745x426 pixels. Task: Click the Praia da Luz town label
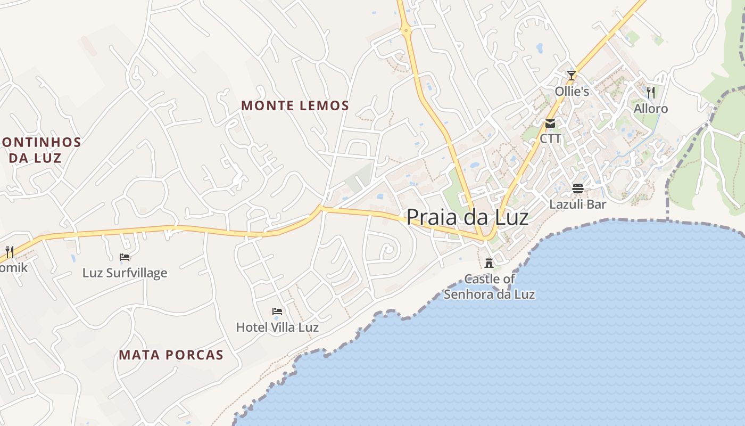pos(467,217)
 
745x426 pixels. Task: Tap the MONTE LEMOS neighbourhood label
pos(295,105)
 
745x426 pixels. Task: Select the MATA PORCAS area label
pos(171,355)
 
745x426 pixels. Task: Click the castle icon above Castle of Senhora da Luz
pos(489,263)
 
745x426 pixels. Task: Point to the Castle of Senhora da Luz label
pos(490,286)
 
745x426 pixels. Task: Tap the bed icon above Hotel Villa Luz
pos(277,312)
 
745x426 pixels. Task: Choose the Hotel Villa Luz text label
pos(277,327)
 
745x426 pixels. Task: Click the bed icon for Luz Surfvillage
pos(125,257)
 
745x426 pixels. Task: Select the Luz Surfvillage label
pos(125,273)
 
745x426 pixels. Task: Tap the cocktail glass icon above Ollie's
pos(572,76)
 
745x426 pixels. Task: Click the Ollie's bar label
pos(572,92)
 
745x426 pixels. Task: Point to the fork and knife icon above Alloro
pos(650,92)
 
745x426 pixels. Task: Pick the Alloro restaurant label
pos(650,109)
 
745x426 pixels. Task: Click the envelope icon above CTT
pos(550,124)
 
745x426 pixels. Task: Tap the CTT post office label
pos(550,138)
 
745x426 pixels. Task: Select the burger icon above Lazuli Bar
pos(578,188)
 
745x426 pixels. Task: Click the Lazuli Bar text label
pos(578,204)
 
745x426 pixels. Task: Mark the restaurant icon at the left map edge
pos(9,251)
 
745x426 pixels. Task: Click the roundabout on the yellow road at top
pos(407,30)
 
